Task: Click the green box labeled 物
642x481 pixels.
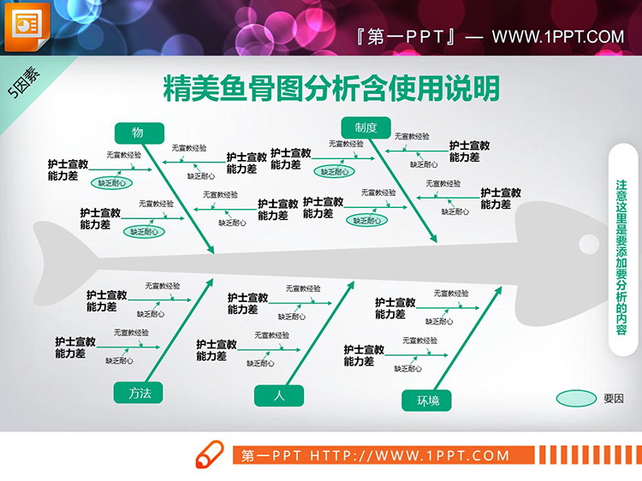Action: tap(138, 132)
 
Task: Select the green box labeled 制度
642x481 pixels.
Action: tap(366, 128)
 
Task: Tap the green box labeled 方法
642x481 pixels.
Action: tap(139, 393)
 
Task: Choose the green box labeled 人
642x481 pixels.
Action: tap(279, 395)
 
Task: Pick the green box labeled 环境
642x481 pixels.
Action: tap(427, 400)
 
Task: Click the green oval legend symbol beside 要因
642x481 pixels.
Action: tap(576, 398)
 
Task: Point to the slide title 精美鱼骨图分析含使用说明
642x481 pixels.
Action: tap(331, 88)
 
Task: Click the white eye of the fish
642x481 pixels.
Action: tap(588, 243)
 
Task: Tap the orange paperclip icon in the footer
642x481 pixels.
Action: tap(210, 454)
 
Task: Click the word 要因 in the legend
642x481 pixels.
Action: tap(614, 398)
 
